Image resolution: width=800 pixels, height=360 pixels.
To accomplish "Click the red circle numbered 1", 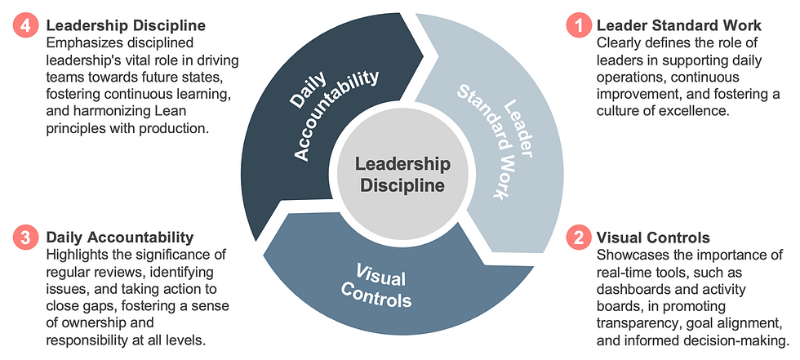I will click(579, 25).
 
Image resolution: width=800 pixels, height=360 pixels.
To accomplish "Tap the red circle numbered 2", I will click(579, 238).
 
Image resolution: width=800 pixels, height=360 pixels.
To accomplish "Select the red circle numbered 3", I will click(25, 238).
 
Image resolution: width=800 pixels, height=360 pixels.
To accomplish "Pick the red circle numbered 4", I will click(25, 25).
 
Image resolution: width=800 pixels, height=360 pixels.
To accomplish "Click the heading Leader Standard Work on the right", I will click(678, 25).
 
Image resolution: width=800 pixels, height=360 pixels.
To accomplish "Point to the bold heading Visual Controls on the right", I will click(653, 238).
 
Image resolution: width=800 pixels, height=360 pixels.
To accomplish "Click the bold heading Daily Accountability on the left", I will click(121, 238).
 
